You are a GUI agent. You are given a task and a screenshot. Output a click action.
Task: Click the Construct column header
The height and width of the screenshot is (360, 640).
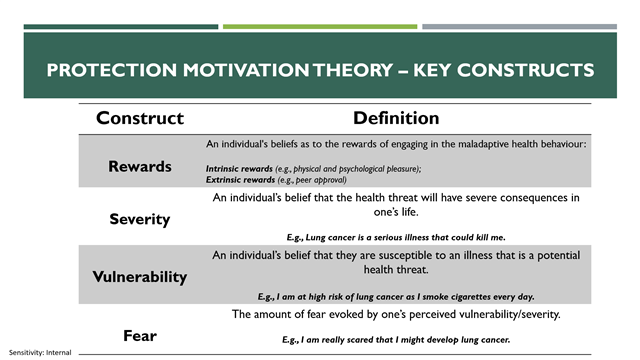139,118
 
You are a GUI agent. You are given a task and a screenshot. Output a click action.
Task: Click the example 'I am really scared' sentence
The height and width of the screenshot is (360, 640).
396,340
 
